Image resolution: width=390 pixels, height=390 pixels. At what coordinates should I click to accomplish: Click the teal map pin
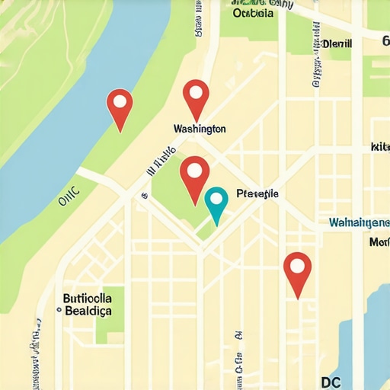point(216,203)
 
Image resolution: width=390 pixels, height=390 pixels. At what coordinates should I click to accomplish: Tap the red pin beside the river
point(120,107)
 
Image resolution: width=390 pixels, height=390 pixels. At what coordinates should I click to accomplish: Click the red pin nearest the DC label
point(297,272)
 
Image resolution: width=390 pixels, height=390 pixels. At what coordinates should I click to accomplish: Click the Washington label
point(200,129)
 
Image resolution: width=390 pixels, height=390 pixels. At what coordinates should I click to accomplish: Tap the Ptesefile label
point(257,194)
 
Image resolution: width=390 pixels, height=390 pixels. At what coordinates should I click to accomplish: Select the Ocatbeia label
point(254,12)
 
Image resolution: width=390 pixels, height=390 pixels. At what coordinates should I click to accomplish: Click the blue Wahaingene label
point(359,222)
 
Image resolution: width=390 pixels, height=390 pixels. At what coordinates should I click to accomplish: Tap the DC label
point(331,362)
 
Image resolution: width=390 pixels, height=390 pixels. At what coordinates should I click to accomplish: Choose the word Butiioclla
point(88,297)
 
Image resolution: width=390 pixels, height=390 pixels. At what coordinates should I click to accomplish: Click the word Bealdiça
point(88,311)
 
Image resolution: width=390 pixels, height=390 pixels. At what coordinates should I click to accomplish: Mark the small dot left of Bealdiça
point(59,311)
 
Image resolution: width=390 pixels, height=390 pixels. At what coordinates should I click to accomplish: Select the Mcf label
point(379,242)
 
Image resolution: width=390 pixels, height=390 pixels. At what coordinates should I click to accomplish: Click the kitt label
point(379,146)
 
